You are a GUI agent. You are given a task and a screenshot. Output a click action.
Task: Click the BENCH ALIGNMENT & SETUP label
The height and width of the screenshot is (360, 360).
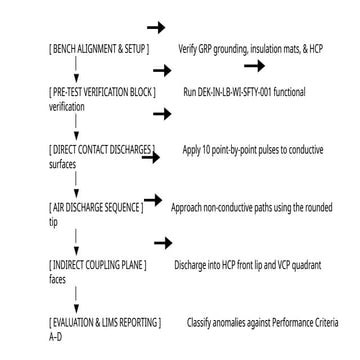pyautogui.click(x=99, y=49)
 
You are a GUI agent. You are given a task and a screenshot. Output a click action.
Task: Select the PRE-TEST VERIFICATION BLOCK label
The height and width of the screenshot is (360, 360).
pyautogui.click(x=102, y=92)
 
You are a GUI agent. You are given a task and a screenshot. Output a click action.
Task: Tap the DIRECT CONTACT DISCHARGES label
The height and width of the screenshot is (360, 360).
pyautogui.click(x=102, y=150)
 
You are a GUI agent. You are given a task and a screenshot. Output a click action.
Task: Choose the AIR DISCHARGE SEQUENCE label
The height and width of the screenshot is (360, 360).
pyautogui.click(x=96, y=208)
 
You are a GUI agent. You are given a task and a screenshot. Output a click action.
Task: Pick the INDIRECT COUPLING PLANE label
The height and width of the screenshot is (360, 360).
pyautogui.click(x=98, y=265)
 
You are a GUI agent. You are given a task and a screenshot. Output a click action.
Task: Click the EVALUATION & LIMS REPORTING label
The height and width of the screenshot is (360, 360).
pyautogui.click(x=105, y=323)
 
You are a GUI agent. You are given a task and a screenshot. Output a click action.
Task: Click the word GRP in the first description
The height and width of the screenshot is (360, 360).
pyautogui.click(x=204, y=49)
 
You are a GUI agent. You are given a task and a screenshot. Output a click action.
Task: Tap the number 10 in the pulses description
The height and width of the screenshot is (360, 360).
pyautogui.click(x=206, y=150)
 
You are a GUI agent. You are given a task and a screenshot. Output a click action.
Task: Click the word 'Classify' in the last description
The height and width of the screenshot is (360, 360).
pyautogui.click(x=199, y=323)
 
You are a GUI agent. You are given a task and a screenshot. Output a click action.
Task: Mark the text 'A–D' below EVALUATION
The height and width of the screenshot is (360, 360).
pyautogui.click(x=55, y=337)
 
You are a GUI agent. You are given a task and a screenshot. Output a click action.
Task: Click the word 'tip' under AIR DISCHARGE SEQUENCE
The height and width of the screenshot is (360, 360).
pyautogui.click(x=53, y=223)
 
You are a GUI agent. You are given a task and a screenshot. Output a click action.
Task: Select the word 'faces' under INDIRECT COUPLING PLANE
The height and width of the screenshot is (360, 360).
pyautogui.click(x=57, y=280)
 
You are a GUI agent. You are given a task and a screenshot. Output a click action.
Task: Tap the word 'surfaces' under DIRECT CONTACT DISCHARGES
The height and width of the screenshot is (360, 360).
pyautogui.click(x=62, y=165)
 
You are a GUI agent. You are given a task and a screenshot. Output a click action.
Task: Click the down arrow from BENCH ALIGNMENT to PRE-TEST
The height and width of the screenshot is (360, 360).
pyautogui.click(x=76, y=69)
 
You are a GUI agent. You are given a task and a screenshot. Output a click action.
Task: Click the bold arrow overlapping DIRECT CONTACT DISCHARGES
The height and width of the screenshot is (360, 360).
pyautogui.click(x=151, y=157)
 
